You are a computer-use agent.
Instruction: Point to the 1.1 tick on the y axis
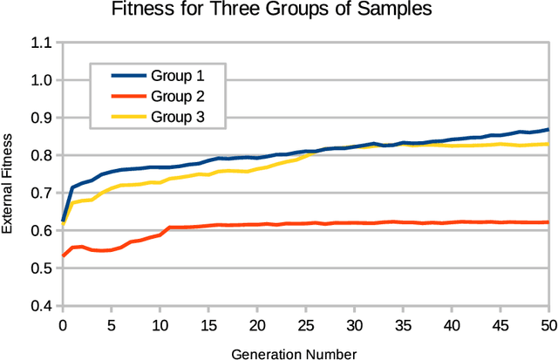[41, 42]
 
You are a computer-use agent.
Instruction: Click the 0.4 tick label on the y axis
[41, 307]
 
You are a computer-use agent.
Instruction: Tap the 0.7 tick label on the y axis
[41, 194]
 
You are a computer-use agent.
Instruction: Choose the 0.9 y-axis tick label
[41, 118]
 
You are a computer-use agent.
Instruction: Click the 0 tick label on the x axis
[62, 324]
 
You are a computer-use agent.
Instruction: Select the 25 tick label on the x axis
[305, 324]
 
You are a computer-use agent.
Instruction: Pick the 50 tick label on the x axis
[548, 324]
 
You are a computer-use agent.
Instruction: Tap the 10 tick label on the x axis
[160, 324]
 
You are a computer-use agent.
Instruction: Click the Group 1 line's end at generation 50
[548, 130]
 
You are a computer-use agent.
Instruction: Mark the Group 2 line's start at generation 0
[62, 256]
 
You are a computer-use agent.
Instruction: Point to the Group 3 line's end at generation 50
[548, 144]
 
